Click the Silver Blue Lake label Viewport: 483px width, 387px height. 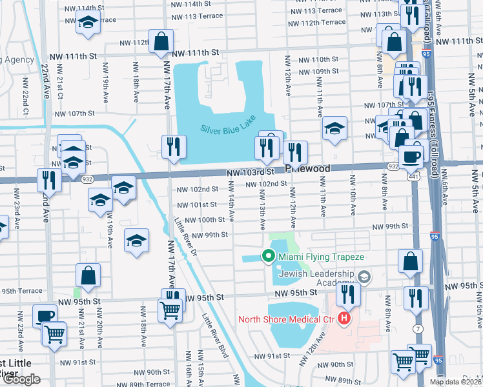tap(227, 121)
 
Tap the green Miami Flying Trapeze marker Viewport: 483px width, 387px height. tap(268, 257)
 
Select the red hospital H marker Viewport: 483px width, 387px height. tap(345, 319)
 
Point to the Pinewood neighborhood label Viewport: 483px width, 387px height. tap(308, 168)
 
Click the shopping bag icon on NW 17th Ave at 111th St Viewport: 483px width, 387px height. tap(160, 42)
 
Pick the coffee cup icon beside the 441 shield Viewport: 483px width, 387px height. tap(410, 155)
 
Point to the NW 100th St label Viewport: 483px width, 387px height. tap(205, 220)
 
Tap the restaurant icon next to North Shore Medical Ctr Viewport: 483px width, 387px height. tap(348, 294)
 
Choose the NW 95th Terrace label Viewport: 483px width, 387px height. tap(21, 290)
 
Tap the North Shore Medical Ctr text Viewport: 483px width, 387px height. tap(288, 319)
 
